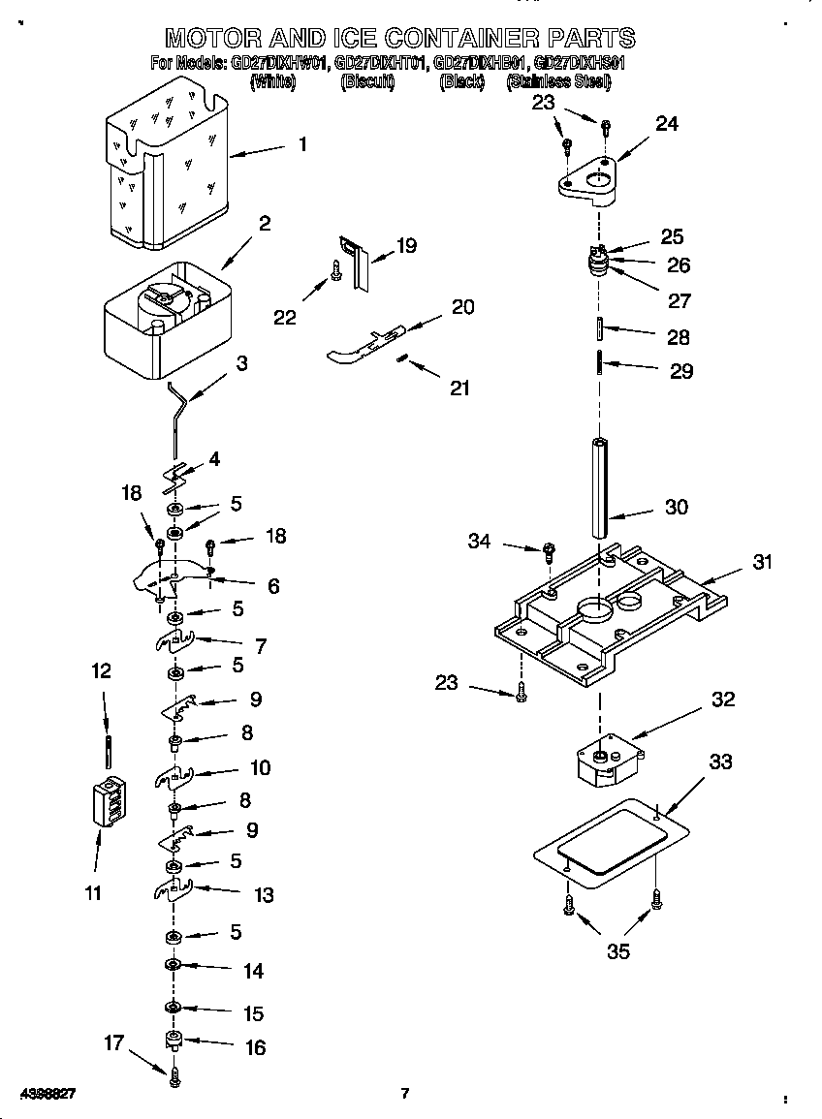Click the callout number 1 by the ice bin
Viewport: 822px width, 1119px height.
point(302,144)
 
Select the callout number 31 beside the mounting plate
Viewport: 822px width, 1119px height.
point(763,561)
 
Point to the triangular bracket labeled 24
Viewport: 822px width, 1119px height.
point(591,180)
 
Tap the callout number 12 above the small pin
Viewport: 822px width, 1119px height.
point(102,670)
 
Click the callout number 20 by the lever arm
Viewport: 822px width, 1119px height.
point(463,307)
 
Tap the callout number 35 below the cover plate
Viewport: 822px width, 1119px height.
point(617,951)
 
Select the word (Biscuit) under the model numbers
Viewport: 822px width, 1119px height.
point(368,82)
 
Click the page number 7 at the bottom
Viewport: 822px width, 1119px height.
point(405,1094)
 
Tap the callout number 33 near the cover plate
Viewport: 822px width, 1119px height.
point(719,762)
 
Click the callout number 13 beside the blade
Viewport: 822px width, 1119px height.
point(264,895)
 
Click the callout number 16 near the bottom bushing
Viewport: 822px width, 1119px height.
point(254,1047)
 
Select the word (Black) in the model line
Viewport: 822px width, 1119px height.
point(461,82)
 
